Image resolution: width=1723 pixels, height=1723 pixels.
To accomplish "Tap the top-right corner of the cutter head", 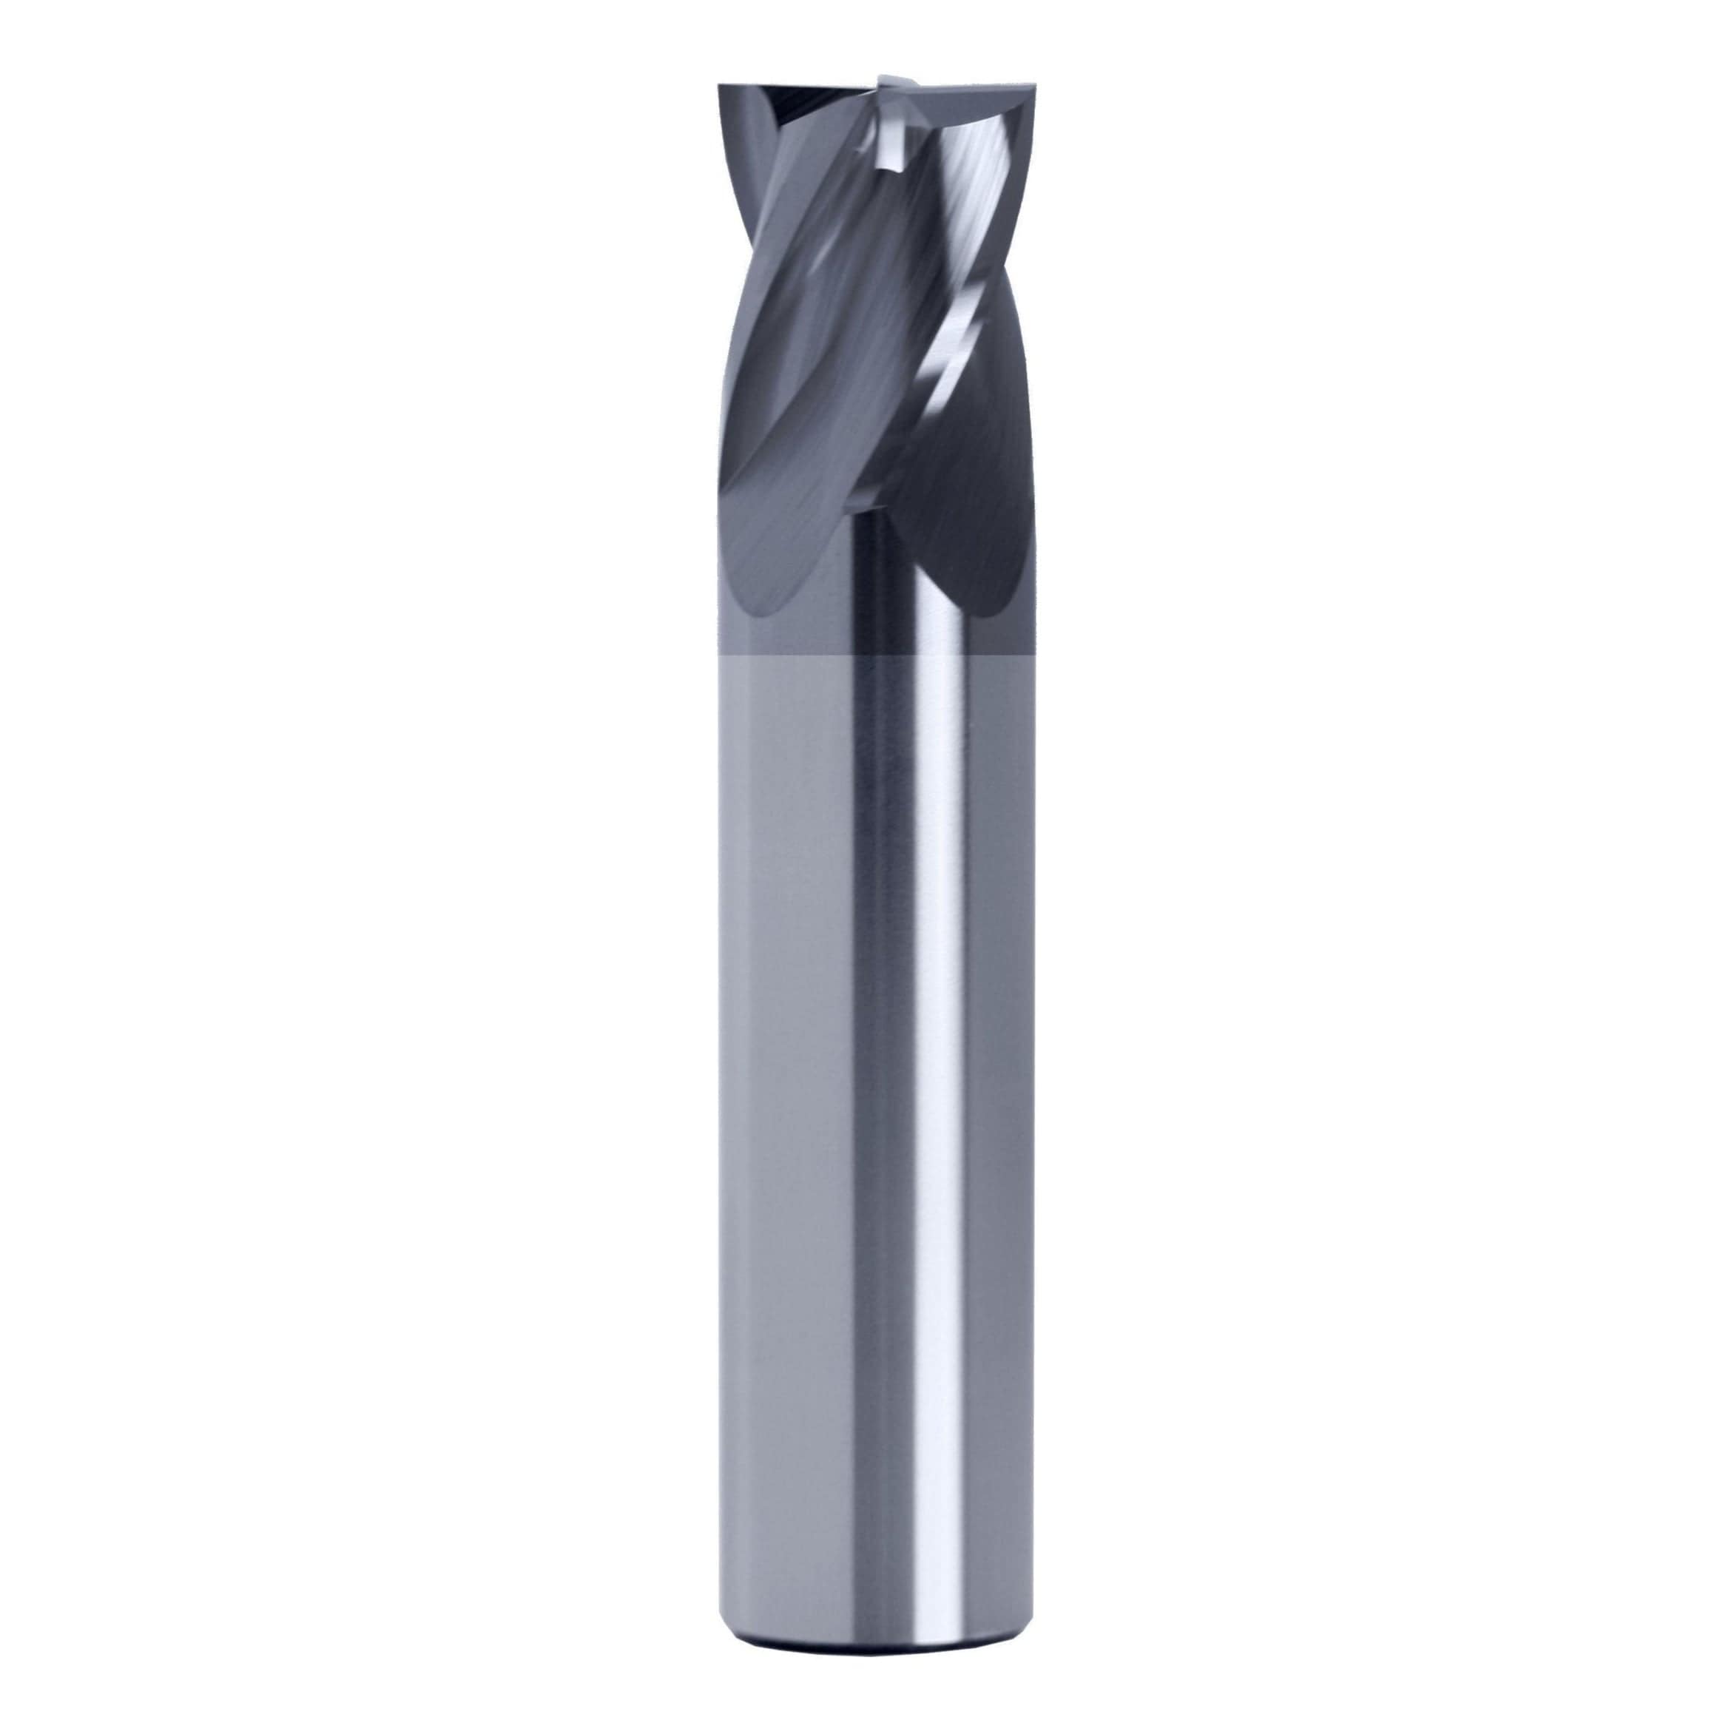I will (1039, 87).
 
